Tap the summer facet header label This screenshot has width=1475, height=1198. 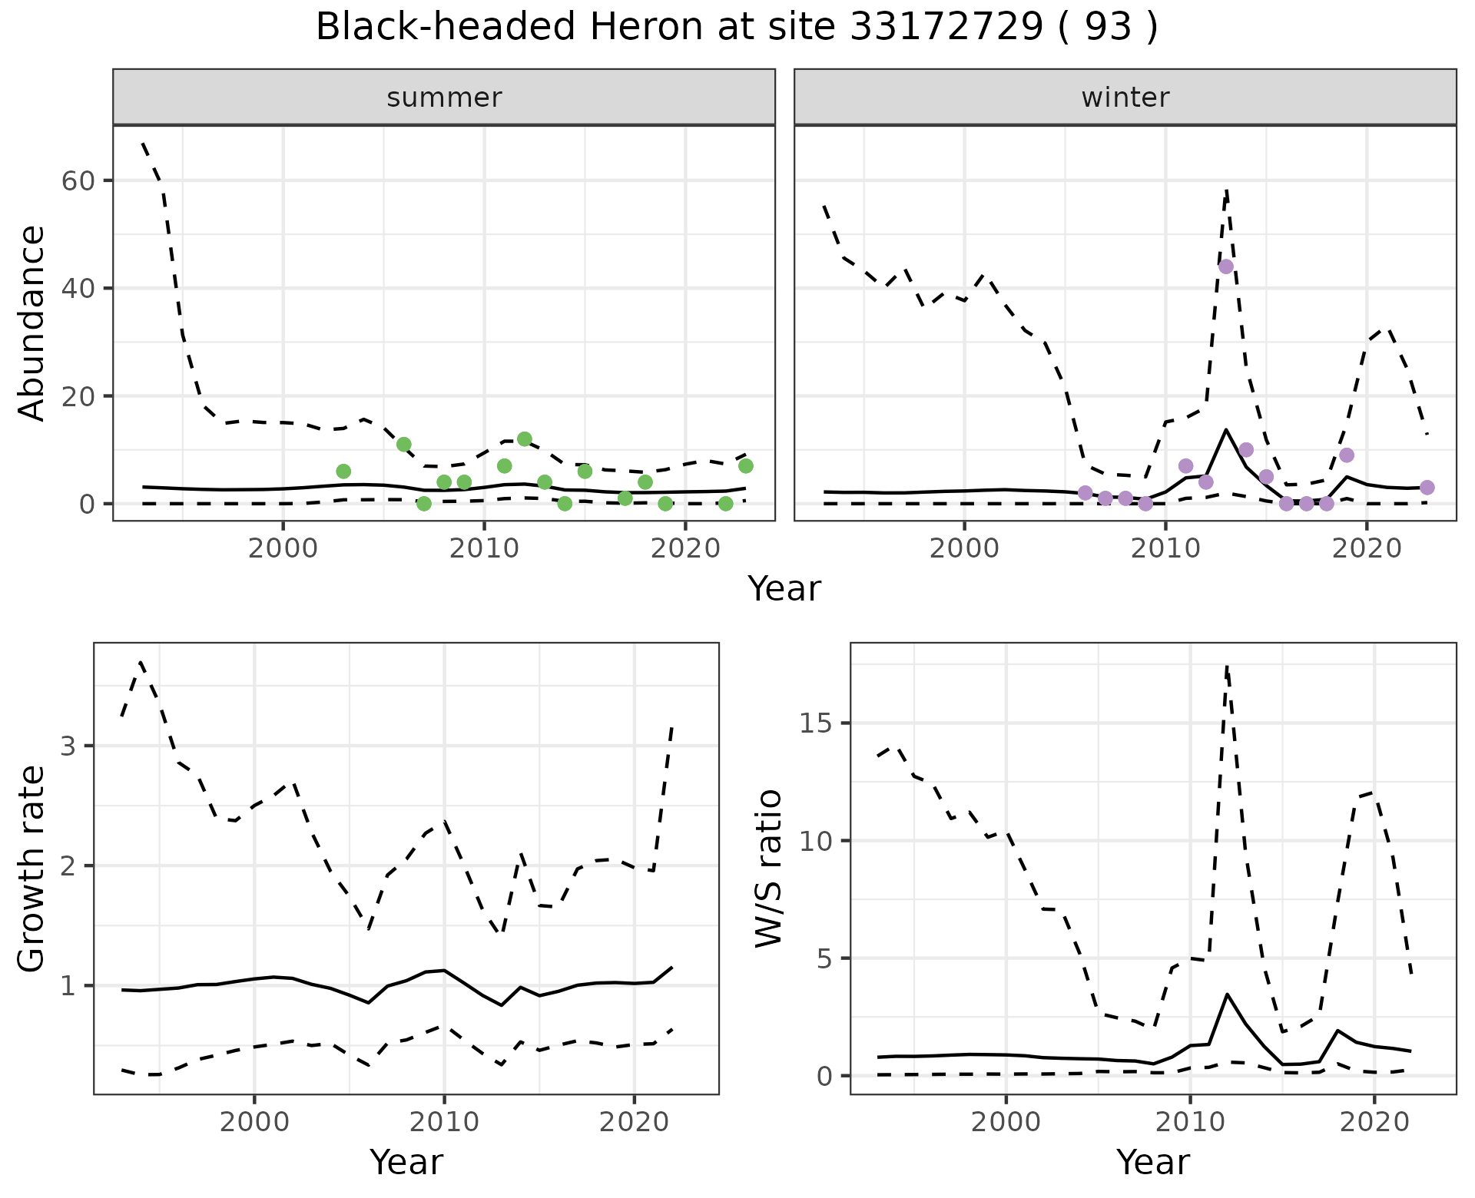pos(444,98)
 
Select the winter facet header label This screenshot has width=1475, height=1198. pos(1125,98)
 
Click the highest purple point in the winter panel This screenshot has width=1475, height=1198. pos(1226,266)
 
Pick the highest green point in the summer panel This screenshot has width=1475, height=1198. pos(525,439)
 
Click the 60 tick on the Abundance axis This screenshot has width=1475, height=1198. pos(71,181)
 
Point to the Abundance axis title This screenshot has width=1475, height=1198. pos(32,323)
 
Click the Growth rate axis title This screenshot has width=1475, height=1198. pos(32,869)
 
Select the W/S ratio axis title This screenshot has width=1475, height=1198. pos(769,869)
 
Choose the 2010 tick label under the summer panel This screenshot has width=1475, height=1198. pos(484,549)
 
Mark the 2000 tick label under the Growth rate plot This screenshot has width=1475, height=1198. pos(254,1122)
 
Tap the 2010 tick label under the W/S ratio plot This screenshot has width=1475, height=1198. pos(1189,1122)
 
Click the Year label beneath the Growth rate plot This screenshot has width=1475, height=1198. pos(406,1162)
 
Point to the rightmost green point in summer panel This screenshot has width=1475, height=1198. pos(745,466)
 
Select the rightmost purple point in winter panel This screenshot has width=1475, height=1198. pos(1427,488)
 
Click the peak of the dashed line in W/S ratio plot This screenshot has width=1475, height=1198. pos(1227,667)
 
